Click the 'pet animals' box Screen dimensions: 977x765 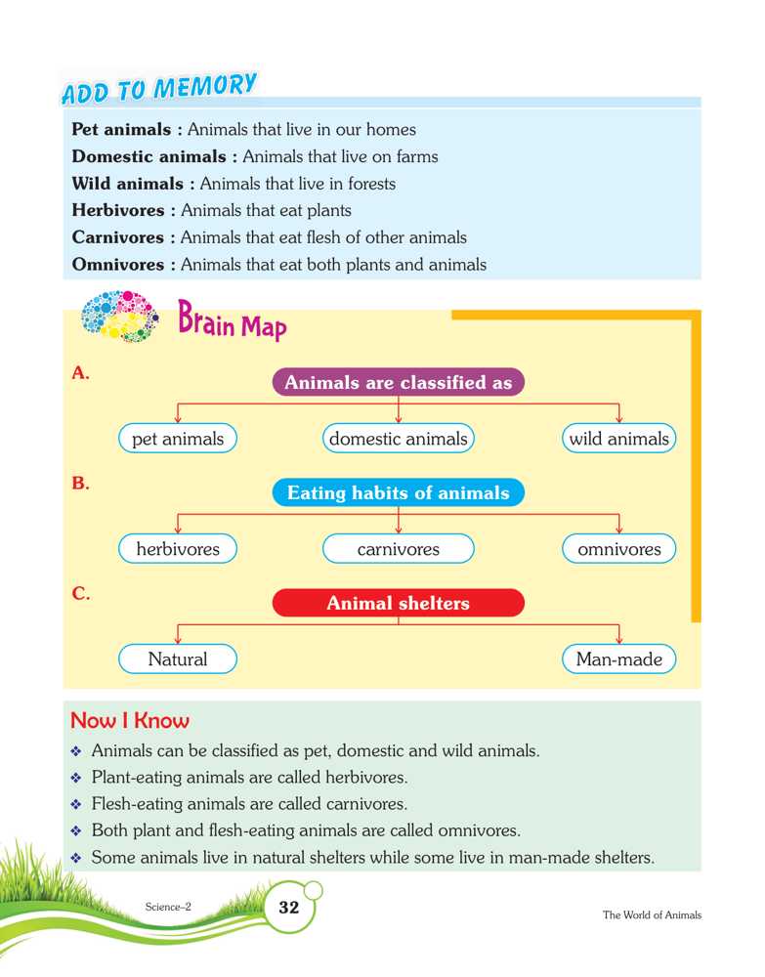click(178, 439)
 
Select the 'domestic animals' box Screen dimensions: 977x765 click(398, 439)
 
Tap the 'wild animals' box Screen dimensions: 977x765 click(619, 439)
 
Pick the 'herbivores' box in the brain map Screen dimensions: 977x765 click(178, 549)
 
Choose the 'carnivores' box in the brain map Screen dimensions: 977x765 click(398, 549)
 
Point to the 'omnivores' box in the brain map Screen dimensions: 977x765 click(619, 549)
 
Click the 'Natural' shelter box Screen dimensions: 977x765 click(178, 659)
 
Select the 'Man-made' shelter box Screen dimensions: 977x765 click(619, 659)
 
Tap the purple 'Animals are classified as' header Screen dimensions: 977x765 click(398, 383)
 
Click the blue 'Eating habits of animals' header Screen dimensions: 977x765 click(398, 493)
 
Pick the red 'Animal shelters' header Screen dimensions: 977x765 click(398, 604)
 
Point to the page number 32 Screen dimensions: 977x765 click(289, 908)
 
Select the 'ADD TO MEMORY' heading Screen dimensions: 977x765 click(159, 89)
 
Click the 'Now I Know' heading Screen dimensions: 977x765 click(130, 721)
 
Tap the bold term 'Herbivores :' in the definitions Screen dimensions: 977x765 click(124, 210)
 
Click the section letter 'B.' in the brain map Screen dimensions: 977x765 click(81, 483)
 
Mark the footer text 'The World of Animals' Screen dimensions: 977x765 click(652, 915)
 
